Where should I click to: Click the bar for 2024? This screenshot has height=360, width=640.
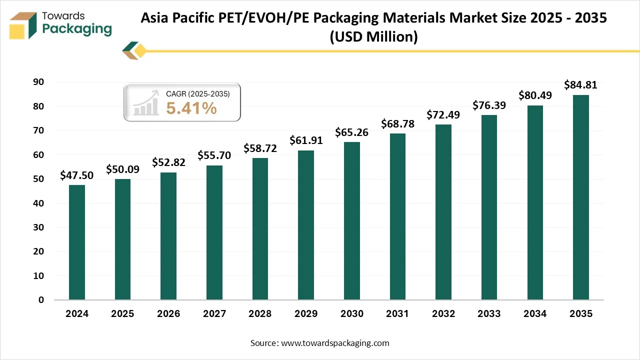[77, 242]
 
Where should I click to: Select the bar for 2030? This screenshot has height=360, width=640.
[351, 221]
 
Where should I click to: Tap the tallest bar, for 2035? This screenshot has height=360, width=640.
[580, 197]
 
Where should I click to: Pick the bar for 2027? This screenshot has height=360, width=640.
[214, 232]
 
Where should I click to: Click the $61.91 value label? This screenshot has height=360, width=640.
[306, 140]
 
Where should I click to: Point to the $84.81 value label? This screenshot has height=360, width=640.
[580, 85]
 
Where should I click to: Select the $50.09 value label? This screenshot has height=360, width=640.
[122, 169]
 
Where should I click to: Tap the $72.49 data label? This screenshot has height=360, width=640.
[443, 114]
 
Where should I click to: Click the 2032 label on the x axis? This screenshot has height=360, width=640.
[443, 313]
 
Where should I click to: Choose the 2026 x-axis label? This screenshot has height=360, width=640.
[168, 313]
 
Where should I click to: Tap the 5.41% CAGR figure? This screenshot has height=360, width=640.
[191, 107]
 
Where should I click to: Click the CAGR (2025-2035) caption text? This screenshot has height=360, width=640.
[197, 93]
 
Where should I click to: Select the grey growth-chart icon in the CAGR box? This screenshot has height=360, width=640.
[145, 103]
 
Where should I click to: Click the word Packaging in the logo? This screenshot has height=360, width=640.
[77, 29]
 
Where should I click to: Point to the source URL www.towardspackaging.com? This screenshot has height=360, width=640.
[335, 343]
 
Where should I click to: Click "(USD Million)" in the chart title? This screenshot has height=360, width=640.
[373, 36]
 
